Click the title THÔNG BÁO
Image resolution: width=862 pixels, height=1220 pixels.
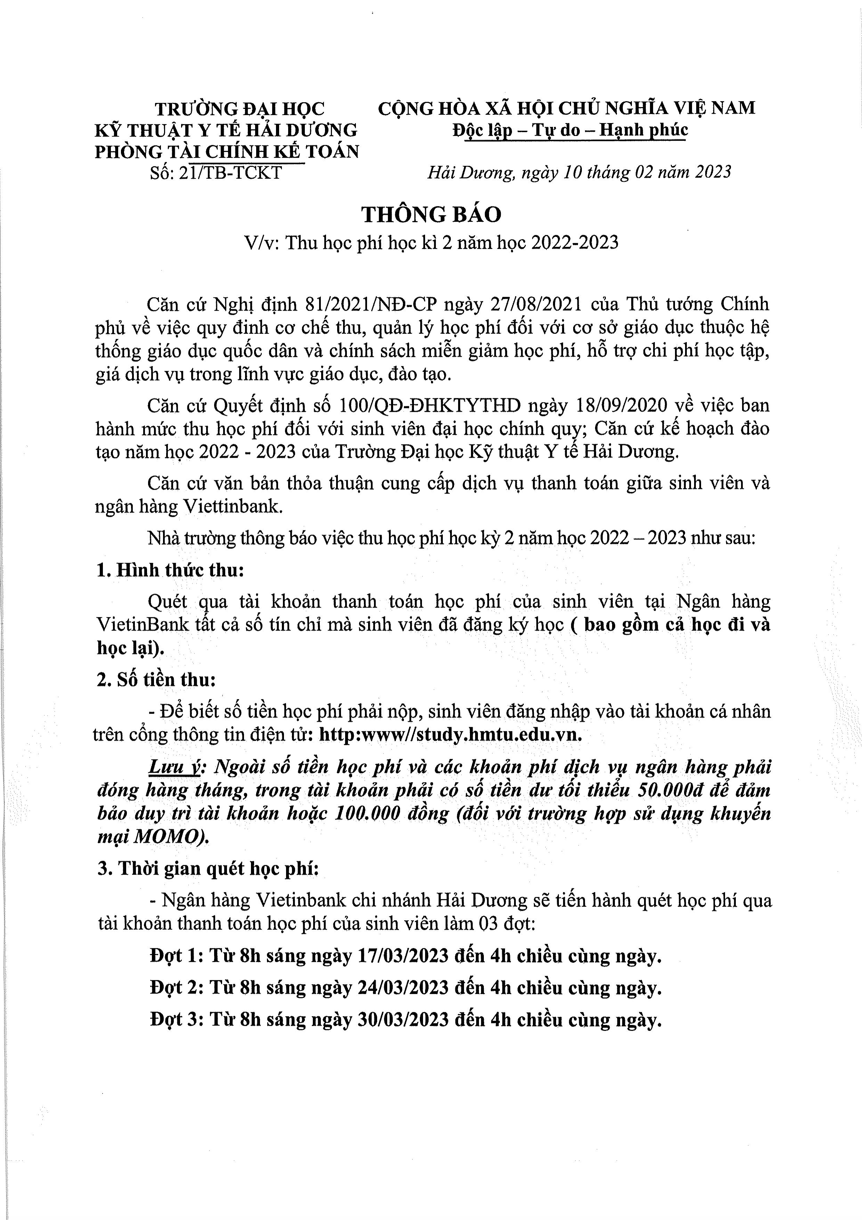431,214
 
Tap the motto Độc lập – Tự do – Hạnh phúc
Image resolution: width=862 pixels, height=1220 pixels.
570,130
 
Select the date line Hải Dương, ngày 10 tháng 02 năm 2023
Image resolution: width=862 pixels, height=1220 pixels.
579,172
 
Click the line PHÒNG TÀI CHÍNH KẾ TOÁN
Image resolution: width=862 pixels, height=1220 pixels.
227,152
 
